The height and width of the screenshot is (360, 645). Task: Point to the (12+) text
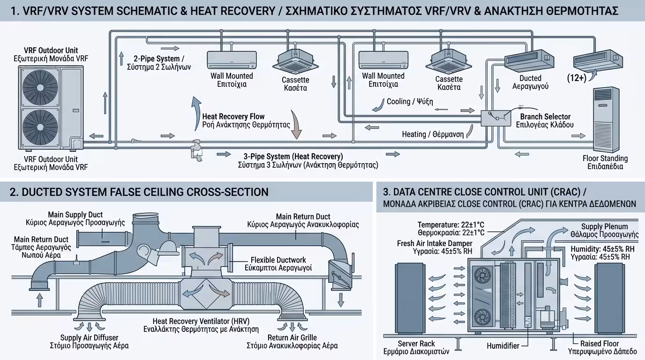coord(576,78)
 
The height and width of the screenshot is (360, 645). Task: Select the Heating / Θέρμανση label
coord(433,135)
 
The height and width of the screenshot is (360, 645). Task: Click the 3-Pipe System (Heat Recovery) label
coord(293,156)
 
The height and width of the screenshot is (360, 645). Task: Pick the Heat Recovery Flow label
coord(233,116)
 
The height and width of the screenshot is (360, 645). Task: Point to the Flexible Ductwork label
coord(278,260)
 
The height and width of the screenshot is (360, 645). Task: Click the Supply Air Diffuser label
coord(89,337)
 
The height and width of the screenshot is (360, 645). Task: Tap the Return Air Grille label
coord(292,337)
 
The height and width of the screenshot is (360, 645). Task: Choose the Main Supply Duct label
coord(75,215)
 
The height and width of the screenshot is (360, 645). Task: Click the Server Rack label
coord(416,344)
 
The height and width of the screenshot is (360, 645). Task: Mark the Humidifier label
coord(502,346)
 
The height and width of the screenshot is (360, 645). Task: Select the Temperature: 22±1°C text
coord(451,225)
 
